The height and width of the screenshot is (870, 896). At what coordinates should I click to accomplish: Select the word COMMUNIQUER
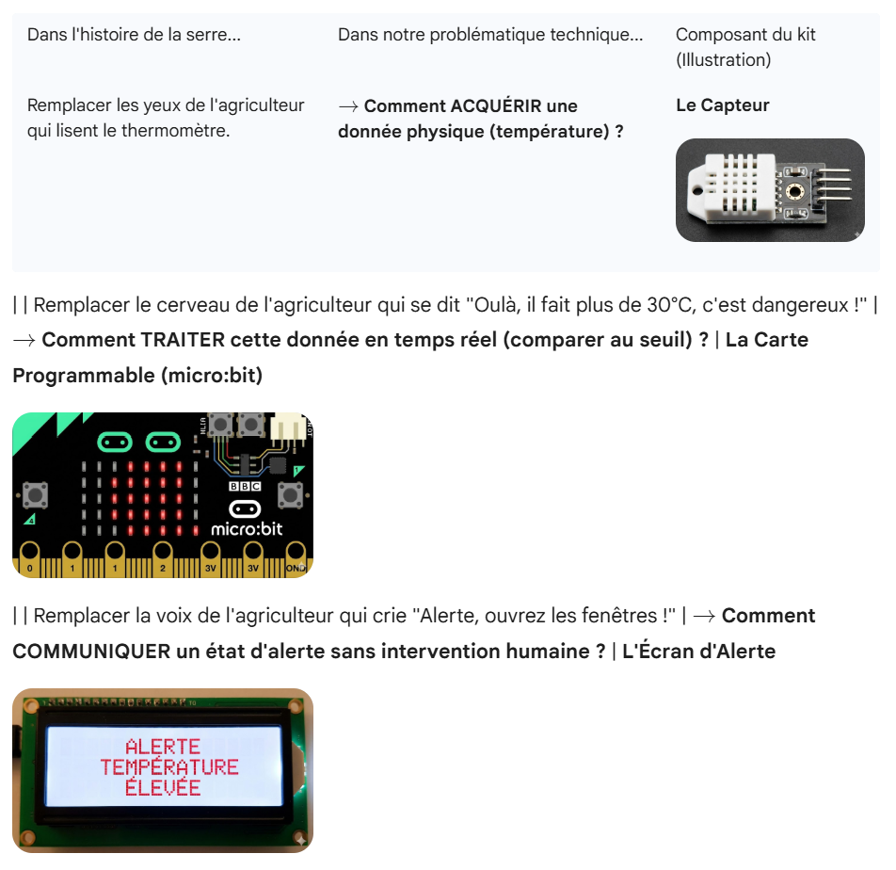(91, 651)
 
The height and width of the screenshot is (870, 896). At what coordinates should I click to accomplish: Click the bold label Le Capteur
(722, 105)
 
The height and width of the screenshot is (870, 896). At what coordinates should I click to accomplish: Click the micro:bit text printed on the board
(247, 529)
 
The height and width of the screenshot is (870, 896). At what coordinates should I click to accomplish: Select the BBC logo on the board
(245, 486)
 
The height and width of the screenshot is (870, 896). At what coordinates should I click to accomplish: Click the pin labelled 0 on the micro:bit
(30, 559)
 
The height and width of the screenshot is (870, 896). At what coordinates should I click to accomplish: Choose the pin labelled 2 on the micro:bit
(163, 559)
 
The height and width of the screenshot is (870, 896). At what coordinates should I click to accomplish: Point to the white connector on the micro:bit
(288, 428)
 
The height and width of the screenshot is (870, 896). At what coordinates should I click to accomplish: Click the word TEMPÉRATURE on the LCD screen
(169, 767)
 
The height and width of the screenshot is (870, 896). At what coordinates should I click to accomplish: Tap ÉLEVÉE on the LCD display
(163, 787)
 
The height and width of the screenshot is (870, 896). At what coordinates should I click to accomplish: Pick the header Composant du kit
(745, 34)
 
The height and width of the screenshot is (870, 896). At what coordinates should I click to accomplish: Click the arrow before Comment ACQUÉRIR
(348, 106)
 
